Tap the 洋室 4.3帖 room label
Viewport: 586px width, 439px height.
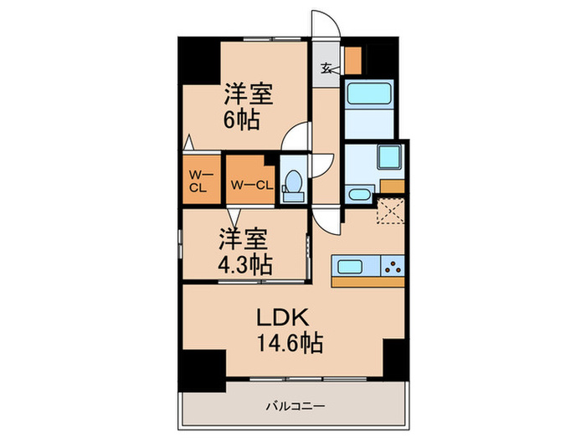(x=244, y=250)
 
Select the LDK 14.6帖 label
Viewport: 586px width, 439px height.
(x=289, y=329)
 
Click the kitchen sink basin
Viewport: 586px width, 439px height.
(x=349, y=267)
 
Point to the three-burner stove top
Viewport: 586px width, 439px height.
(x=393, y=267)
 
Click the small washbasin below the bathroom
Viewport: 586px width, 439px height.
(x=358, y=195)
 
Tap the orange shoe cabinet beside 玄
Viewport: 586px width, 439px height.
(x=353, y=59)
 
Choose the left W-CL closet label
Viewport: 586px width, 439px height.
(x=198, y=181)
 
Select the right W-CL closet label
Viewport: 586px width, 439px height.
(x=250, y=184)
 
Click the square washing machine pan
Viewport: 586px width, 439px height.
(x=388, y=158)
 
